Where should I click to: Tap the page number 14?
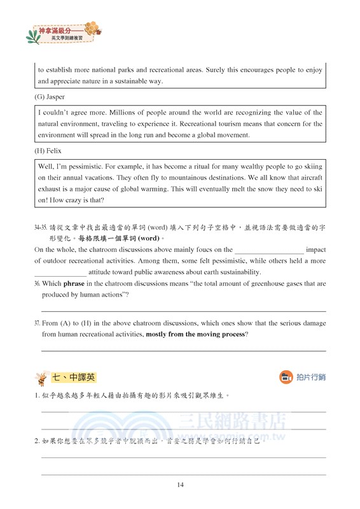pyautogui.click(x=181, y=485)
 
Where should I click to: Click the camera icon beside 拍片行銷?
pyautogui.click(x=286, y=377)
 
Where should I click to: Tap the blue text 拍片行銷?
pyautogui.click(x=311, y=377)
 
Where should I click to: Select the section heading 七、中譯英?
pyautogui.click(x=74, y=377)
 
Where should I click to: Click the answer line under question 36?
pyautogui.click(x=183, y=310)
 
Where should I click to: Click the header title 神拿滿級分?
pyautogui.click(x=56, y=30)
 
